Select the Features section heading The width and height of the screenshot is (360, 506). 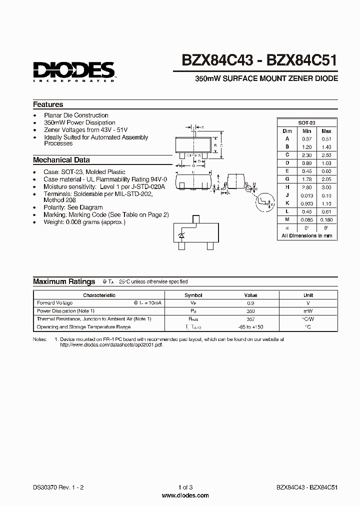point(48,104)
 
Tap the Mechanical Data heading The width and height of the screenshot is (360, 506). point(61,160)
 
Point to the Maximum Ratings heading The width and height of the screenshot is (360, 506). point(64,281)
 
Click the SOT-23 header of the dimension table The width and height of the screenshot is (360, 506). point(306,122)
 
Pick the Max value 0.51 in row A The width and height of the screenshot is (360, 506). point(326,138)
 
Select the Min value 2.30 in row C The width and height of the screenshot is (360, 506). point(306,155)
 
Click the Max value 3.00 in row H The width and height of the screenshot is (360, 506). point(326,187)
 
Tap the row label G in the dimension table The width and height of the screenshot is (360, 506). point(287,179)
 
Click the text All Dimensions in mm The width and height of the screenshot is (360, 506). point(306,235)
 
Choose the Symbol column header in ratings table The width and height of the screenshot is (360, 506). point(193,295)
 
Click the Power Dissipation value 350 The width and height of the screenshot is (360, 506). point(250,310)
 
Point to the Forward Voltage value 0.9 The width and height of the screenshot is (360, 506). point(250,303)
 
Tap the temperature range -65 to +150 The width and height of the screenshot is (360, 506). point(250,326)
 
